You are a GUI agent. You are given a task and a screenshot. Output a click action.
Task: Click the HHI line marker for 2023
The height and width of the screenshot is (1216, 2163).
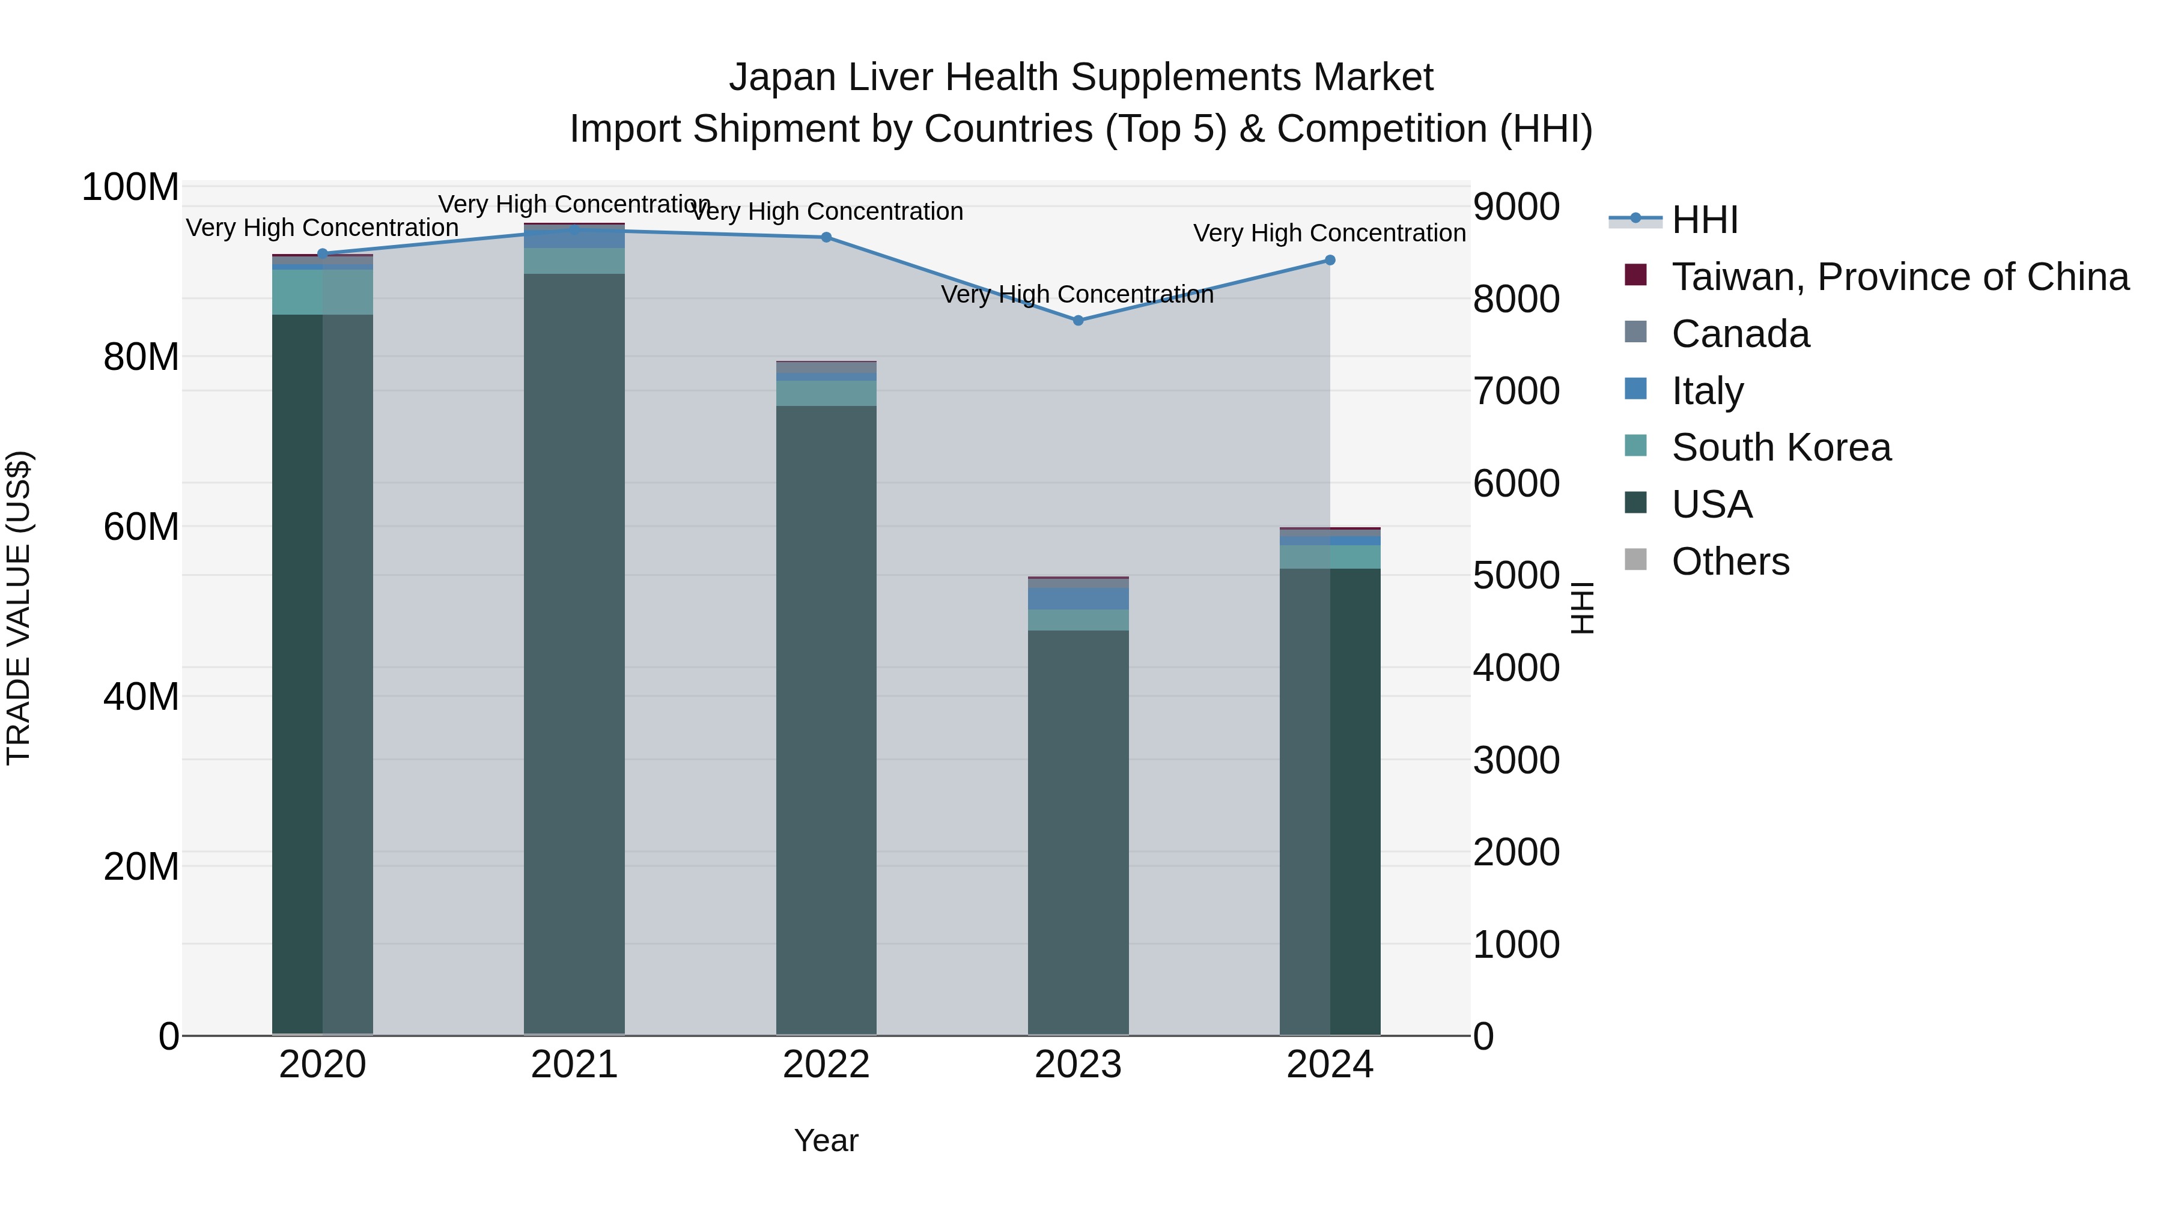pyautogui.click(x=1078, y=321)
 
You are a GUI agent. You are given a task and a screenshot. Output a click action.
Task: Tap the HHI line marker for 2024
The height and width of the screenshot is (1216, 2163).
pyautogui.click(x=1330, y=260)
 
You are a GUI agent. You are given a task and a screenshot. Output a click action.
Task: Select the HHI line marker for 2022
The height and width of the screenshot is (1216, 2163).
pyautogui.click(x=826, y=237)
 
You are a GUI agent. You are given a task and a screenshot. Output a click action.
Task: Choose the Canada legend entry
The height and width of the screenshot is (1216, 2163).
pyautogui.click(x=1740, y=334)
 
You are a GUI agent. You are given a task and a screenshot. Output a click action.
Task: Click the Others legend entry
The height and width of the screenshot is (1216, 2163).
pyautogui.click(x=1730, y=561)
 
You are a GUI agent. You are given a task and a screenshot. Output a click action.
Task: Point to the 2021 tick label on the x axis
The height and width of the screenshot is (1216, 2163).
pyautogui.click(x=574, y=1065)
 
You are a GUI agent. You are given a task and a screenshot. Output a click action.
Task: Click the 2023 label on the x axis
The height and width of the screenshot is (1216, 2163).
pyautogui.click(x=1078, y=1065)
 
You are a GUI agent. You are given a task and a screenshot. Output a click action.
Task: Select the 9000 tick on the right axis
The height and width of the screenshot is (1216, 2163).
pyautogui.click(x=1517, y=207)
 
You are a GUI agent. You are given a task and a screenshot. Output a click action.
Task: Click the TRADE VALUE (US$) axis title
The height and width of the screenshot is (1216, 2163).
pyautogui.click(x=19, y=608)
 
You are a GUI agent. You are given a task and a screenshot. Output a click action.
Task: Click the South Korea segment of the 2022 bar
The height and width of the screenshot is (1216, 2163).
pyautogui.click(x=826, y=393)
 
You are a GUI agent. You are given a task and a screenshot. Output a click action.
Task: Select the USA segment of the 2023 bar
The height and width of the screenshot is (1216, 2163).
pyautogui.click(x=1078, y=831)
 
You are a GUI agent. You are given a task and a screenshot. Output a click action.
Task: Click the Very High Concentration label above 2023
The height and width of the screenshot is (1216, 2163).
pyautogui.click(x=1077, y=295)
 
